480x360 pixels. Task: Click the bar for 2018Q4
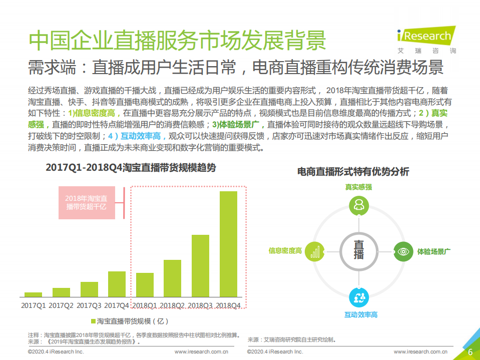[x=228, y=244]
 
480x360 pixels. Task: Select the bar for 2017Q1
[x=33, y=295]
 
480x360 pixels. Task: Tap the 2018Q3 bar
[x=200, y=266]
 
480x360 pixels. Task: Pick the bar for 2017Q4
[x=117, y=284]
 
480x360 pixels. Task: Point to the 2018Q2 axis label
[x=173, y=305]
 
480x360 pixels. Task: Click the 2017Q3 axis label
[x=89, y=305]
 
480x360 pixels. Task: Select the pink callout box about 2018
[x=87, y=203]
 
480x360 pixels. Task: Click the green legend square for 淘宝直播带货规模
[x=93, y=320]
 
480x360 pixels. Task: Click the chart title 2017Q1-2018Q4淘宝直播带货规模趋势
[x=131, y=168]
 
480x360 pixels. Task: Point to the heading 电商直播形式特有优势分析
[x=353, y=172]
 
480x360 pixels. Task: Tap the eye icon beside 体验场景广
[x=403, y=250]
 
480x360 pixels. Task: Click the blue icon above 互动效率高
[x=359, y=297]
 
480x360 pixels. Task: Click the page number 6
[x=470, y=351]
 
